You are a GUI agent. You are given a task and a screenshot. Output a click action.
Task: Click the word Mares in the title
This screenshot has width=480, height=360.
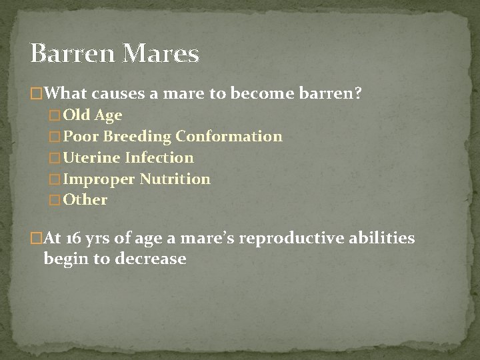[x=162, y=53]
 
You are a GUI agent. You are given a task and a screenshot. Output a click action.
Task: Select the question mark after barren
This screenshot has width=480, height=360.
[x=359, y=93]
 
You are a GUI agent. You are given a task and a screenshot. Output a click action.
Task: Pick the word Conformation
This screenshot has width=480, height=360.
[x=229, y=137]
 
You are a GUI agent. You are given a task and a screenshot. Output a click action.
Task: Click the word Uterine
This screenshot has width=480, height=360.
[x=90, y=158]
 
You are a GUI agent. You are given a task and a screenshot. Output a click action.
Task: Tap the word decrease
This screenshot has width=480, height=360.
[x=151, y=259]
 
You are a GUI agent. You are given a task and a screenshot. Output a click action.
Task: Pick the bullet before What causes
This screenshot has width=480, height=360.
[x=37, y=94]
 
